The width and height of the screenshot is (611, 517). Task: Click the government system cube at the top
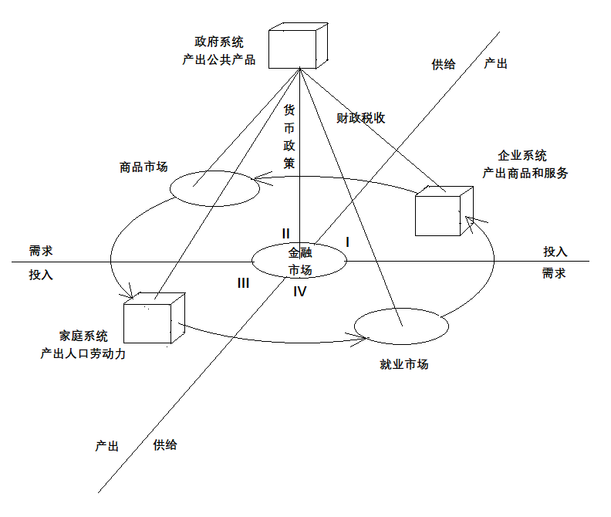299,48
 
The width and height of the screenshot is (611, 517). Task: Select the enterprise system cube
442,211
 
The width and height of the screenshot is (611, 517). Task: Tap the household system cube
154,318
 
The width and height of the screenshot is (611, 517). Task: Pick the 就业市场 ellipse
400,326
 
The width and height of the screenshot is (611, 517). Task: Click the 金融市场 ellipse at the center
300,261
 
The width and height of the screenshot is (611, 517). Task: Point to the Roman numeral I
348,242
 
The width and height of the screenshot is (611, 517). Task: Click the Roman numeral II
285,233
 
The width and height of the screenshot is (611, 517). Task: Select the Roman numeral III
243,283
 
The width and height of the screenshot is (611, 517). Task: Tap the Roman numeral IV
300,292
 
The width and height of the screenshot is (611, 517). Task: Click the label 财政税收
361,118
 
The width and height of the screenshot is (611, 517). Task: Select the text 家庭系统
83,336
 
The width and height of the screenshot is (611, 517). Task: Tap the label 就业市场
404,364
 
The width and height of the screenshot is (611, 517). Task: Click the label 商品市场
143,167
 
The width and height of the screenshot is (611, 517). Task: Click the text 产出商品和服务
525,173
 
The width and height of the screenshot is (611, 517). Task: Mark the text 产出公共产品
219,59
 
